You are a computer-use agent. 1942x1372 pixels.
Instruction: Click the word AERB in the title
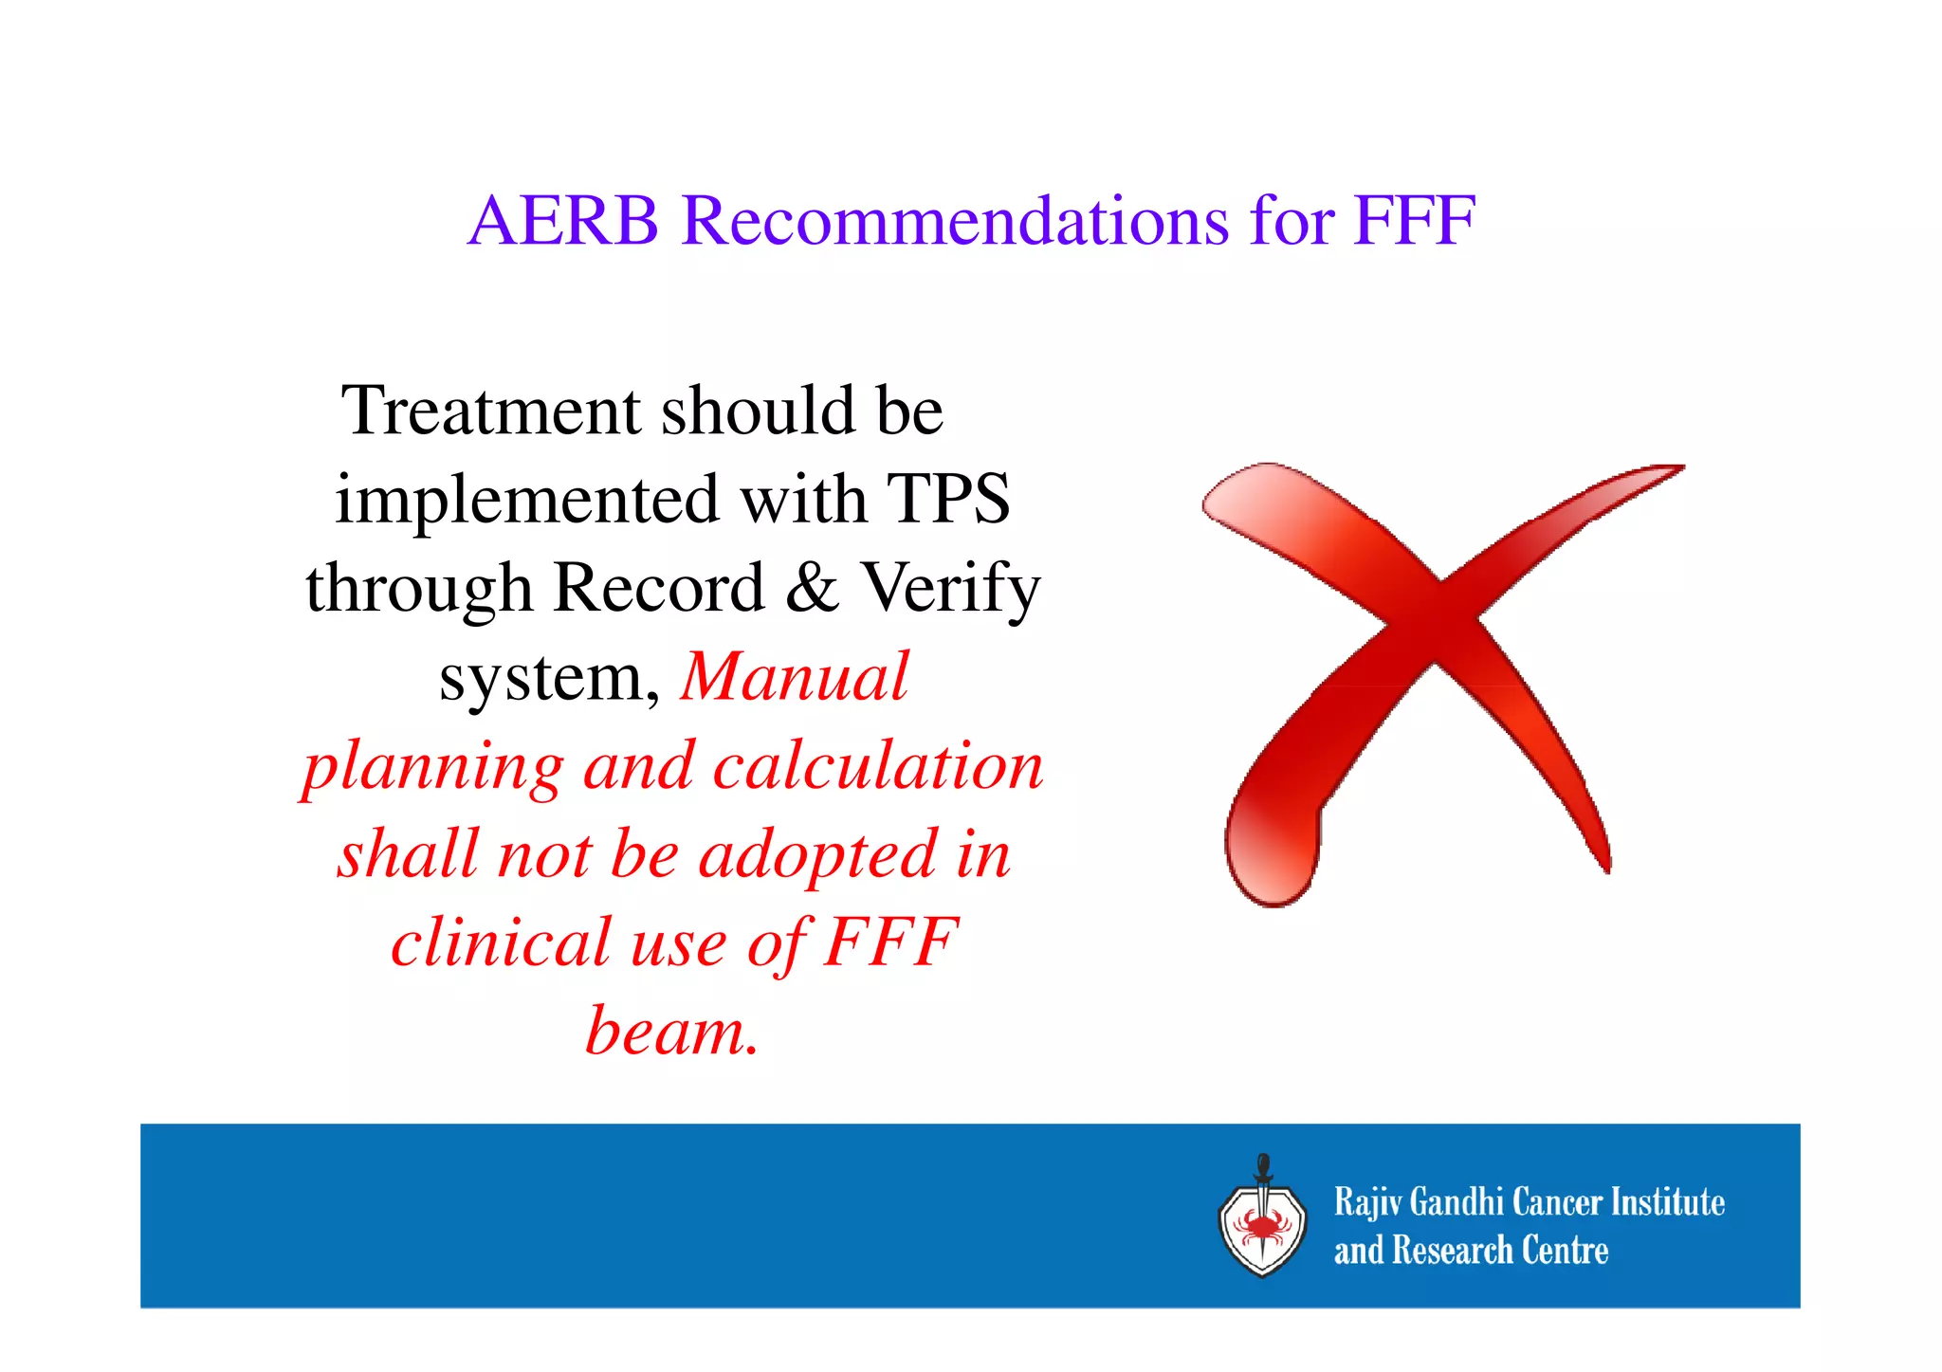(x=563, y=221)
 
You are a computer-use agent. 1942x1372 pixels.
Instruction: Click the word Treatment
(x=491, y=412)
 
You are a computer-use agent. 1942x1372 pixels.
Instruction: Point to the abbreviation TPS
(x=947, y=500)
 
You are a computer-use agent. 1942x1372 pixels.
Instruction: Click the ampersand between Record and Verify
(x=812, y=587)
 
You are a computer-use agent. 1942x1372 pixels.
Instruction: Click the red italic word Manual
(x=795, y=677)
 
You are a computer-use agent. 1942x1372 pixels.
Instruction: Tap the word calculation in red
(x=878, y=766)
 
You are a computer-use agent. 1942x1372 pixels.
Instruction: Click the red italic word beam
(x=671, y=1032)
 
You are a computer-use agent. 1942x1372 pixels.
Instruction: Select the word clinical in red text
(x=501, y=942)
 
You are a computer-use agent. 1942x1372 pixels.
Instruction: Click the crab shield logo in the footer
(x=1262, y=1228)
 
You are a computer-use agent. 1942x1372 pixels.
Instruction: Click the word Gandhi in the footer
(x=1456, y=1202)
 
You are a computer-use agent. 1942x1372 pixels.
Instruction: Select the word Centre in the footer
(x=1565, y=1251)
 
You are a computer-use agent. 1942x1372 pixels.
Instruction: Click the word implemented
(x=526, y=500)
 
